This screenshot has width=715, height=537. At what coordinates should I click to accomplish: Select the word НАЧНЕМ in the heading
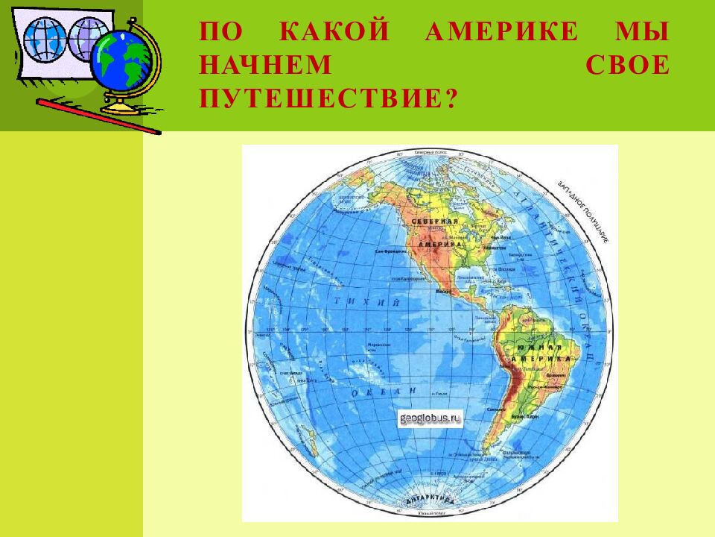(x=265, y=66)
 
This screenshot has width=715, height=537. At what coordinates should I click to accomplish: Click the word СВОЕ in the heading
(x=627, y=66)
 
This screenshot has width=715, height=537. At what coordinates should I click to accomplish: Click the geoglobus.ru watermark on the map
(x=431, y=418)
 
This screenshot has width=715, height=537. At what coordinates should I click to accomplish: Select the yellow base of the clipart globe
(x=121, y=107)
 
